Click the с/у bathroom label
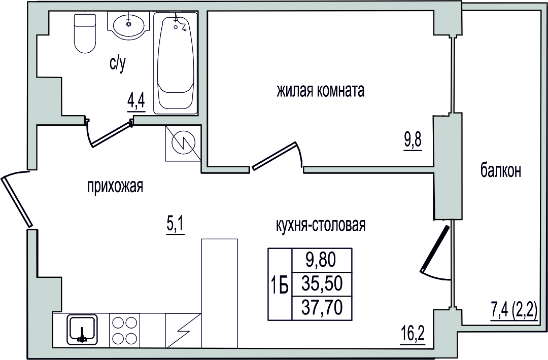tap(117, 64)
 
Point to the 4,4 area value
tap(136, 102)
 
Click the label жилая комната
tap(320, 90)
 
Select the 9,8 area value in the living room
tap(413, 141)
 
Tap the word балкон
tap(501, 171)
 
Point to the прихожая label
tap(115, 187)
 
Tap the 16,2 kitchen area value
tap(413, 337)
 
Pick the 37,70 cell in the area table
tap(322, 308)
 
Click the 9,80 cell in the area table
tap(322, 261)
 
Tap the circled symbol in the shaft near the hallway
tap(183, 143)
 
